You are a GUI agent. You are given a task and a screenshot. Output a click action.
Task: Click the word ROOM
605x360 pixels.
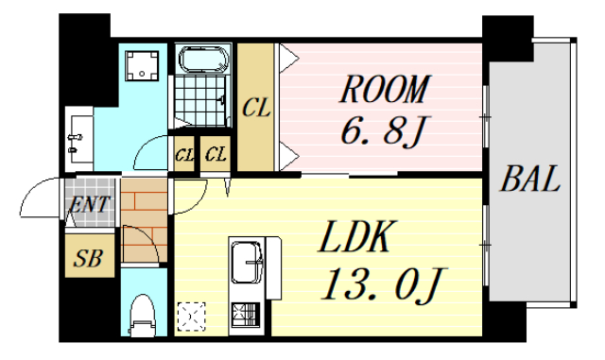(383, 92)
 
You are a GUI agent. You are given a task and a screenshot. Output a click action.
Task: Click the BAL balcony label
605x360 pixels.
(531, 179)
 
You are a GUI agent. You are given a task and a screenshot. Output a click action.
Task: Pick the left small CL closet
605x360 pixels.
(184, 154)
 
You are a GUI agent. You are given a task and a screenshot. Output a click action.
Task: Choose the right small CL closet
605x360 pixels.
(216, 154)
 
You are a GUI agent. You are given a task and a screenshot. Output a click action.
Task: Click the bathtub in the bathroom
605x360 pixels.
(203, 60)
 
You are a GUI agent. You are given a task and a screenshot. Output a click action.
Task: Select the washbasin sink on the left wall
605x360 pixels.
(78, 138)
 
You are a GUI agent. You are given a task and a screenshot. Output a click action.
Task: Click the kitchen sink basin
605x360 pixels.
(248, 257)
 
